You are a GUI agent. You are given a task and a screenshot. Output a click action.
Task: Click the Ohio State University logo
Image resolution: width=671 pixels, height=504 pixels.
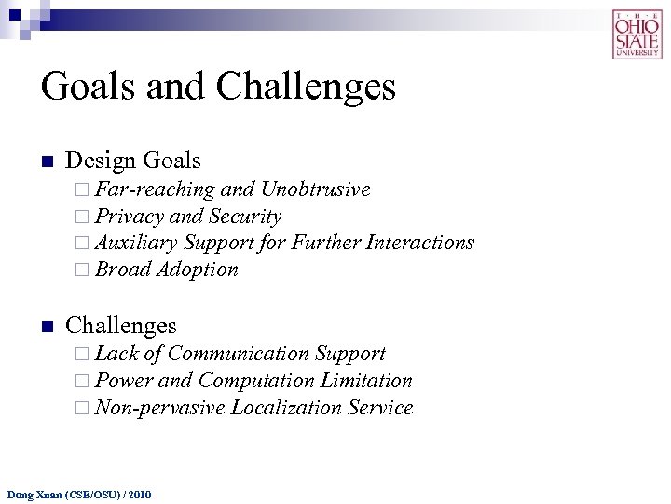[637, 35]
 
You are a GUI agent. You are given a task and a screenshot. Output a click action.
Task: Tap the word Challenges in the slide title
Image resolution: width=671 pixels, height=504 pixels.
[307, 87]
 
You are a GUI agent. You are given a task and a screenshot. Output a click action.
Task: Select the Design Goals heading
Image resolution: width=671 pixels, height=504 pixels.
[133, 161]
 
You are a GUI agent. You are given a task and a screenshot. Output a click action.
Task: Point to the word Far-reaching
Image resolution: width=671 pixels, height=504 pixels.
[155, 190]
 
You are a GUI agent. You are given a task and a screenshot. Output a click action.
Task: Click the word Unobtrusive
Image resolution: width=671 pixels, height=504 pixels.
[315, 190]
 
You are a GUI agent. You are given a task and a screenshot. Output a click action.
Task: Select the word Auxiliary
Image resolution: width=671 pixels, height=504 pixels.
[136, 243]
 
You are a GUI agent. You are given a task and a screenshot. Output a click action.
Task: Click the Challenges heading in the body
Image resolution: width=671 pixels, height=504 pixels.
[121, 325]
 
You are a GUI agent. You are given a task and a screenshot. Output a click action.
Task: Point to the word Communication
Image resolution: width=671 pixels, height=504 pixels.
[239, 354]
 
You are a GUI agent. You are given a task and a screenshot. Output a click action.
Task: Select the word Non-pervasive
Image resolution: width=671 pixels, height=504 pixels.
[159, 408]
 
